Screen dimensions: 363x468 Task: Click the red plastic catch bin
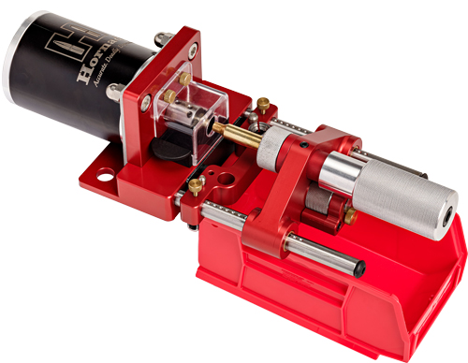374,299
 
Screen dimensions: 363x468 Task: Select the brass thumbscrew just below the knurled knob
350,216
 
